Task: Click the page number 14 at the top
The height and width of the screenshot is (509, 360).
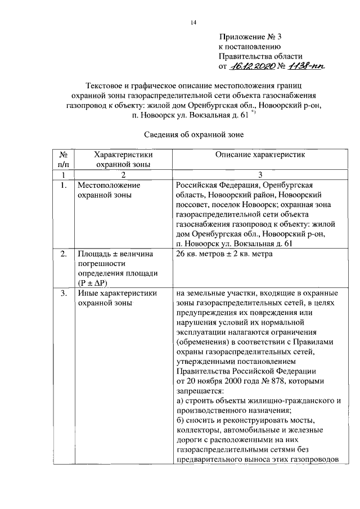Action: click(193, 22)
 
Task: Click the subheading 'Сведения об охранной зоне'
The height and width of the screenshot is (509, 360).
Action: click(193, 134)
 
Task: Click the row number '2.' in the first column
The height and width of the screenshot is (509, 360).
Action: click(64, 254)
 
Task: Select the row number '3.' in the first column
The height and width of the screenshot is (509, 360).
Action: click(64, 293)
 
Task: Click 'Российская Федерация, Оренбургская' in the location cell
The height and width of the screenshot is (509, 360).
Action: click(244, 186)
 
